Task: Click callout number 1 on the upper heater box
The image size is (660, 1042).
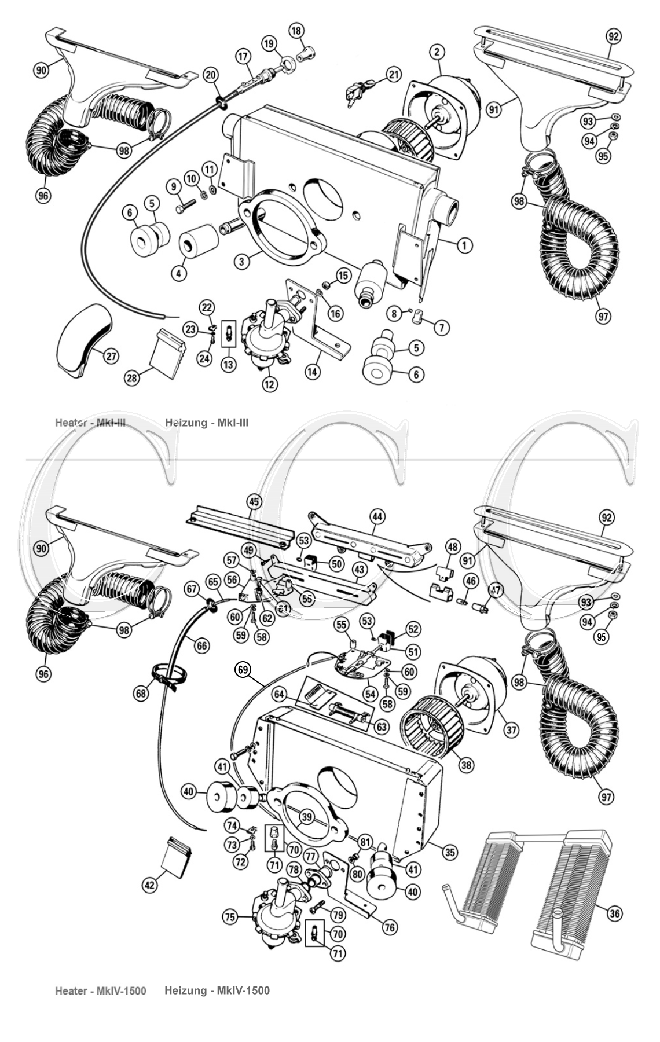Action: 464,245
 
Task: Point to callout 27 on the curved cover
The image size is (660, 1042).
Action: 111,357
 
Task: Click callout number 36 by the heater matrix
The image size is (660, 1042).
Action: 615,913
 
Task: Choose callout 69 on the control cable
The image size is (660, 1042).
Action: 243,669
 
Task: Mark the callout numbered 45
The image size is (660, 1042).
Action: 254,502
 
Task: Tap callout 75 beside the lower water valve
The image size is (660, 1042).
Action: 230,917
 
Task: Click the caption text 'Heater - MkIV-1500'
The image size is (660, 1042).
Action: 100,990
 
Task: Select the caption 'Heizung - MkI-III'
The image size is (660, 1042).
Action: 207,423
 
